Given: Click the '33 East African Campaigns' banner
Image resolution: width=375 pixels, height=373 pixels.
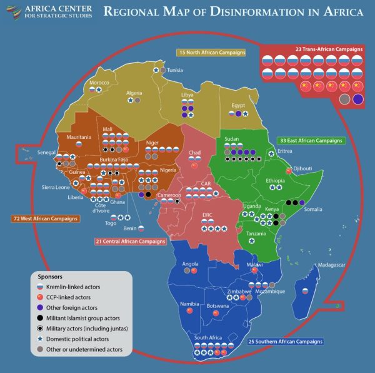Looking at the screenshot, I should (311, 141).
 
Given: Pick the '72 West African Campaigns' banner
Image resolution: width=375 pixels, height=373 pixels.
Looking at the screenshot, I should (45, 219).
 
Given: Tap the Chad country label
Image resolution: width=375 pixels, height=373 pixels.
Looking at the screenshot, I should (194, 152).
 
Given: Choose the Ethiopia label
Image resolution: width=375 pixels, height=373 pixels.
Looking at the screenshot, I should (275, 181).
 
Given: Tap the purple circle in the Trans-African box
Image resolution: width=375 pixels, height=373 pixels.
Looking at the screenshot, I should (358, 99).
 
